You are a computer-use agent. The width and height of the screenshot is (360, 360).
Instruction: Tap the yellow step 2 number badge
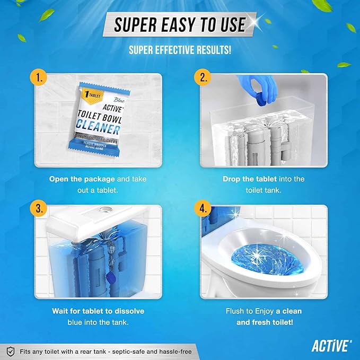point(203,78)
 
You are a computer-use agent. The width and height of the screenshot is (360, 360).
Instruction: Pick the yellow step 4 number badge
point(203,209)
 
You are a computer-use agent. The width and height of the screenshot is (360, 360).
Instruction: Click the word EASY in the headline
point(179,24)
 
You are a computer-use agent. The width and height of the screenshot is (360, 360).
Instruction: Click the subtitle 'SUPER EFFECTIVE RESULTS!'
point(180,50)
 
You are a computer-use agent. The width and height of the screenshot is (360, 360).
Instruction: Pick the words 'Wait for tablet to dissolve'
point(98,310)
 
